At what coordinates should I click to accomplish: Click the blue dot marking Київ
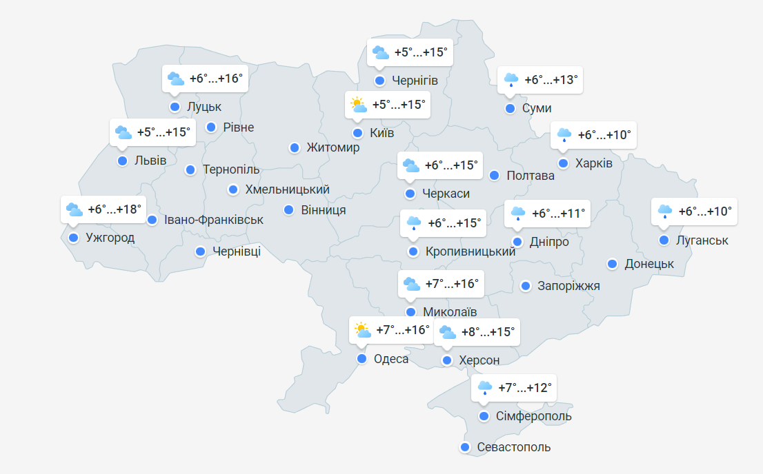point(357,133)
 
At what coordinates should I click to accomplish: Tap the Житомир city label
point(333,148)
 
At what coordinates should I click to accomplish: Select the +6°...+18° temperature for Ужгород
point(115,209)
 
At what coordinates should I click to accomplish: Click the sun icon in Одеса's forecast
point(360,330)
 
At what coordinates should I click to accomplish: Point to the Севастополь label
point(514,447)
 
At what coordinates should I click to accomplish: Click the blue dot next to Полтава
point(494,175)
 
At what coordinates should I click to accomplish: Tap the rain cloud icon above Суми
point(511,79)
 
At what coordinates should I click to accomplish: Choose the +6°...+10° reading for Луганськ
point(705,212)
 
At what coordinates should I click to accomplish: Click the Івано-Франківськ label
point(214,220)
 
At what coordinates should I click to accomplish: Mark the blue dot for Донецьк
point(612,264)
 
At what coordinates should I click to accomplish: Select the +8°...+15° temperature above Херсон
point(488,332)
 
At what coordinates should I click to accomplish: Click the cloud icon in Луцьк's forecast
point(176,79)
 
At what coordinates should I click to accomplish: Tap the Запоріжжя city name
point(568,286)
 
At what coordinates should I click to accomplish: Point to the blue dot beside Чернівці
point(200,251)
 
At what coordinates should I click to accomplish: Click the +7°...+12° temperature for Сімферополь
point(525,388)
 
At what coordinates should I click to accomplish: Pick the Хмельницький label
point(288,189)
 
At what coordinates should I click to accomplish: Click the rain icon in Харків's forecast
point(564,134)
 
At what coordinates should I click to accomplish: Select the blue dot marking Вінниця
point(289,209)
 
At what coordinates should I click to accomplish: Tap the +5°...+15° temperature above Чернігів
point(421,52)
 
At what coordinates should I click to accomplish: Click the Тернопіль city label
point(231,169)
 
